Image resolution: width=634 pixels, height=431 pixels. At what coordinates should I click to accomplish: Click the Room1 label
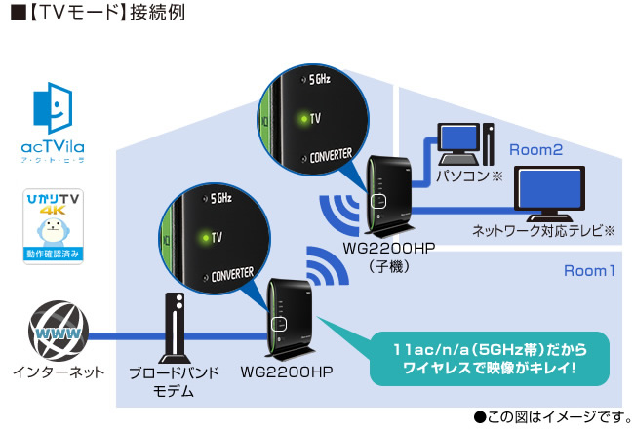[589, 270]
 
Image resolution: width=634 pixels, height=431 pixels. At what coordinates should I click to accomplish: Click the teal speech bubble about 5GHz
[485, 358]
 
